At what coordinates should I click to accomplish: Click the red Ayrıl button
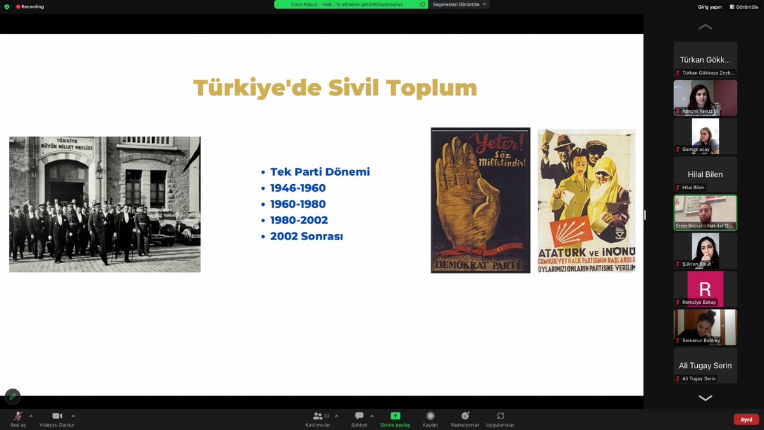click(746, 419)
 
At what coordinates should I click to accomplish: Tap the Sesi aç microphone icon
click(18, 416)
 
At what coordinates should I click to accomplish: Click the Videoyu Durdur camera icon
click(57, 416)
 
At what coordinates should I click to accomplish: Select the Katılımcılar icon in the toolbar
click(318, 416)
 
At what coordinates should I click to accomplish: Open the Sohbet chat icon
click(359, 416)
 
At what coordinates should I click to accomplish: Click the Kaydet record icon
click(430, 416)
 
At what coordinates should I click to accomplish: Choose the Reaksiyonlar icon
click(465, 416)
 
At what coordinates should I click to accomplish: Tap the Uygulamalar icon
click(500, 416)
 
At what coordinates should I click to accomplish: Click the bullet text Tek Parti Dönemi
click(320, 172)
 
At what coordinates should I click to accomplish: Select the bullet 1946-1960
click(297, 188)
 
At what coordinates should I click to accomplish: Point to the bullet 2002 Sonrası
click(306, 236)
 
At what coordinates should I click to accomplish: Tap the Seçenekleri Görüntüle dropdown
click(459, 4)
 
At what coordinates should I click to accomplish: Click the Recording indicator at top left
click(30, 6)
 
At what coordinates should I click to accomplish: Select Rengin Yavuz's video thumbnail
click(705, 97)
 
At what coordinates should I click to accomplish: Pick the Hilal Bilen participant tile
click(705, 174)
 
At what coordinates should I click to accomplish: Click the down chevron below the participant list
click(705, 398)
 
